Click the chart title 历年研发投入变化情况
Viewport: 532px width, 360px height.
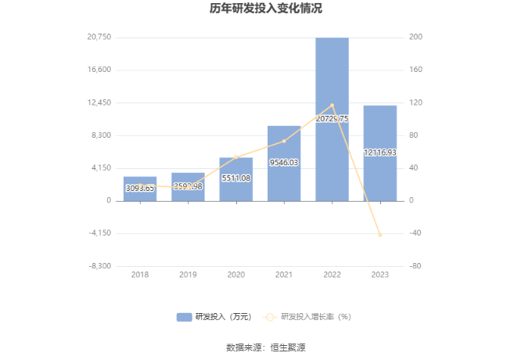click(265, 9)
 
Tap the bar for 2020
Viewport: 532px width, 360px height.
click(236, 179)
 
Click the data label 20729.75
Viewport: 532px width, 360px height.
click(332, 119)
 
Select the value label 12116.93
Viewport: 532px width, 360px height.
click(380, 153)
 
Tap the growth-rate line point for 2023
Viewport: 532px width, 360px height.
click(380, 235)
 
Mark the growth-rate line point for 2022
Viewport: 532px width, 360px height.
click(332, 105)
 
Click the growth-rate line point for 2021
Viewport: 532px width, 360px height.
click(284, 141)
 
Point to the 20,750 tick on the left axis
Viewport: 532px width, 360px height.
click(99, 38)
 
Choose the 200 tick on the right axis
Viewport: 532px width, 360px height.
click(415, 38)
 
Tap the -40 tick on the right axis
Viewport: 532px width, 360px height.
click(415, 233)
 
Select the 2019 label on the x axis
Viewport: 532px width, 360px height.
click(188, 275)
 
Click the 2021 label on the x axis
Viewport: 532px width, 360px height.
click(284, 275)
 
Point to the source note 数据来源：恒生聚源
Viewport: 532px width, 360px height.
click(265, 347)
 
